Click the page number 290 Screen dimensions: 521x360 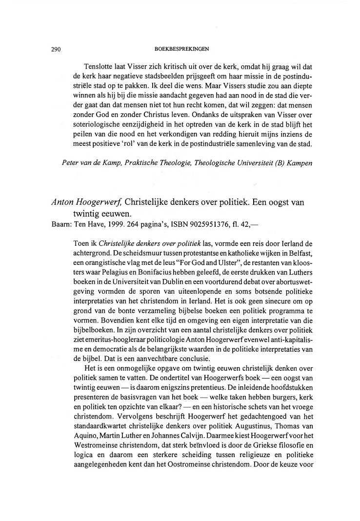[55, 49]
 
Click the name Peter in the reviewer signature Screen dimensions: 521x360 [72, 162]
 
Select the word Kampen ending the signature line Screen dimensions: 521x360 [300, 162]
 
